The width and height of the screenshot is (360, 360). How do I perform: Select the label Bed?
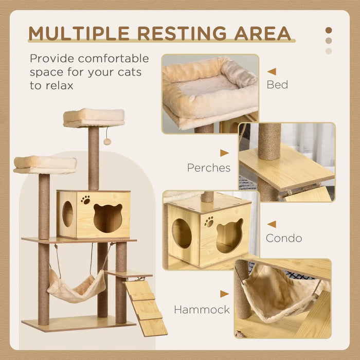point(277,84)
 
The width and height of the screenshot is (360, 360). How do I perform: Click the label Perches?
point(209,168)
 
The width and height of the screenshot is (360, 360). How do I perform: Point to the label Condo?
point(283,238)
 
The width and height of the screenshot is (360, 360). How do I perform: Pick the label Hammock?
point(201,310)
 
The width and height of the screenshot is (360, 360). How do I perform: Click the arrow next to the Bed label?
point(272,71)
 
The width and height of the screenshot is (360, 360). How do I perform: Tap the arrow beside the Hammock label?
point(224,294)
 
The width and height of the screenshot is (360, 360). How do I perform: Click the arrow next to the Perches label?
point(224,153)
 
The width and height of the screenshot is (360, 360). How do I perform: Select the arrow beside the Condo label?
point(272,224)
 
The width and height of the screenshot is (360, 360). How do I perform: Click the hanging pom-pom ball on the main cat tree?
point(107,141)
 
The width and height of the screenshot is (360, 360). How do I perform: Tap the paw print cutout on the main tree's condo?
point(85,200)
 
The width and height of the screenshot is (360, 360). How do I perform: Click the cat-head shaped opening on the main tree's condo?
point(108,218)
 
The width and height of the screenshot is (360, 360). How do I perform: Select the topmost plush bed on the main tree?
point(94,117)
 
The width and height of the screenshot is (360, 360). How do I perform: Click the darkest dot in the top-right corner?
point(329,30)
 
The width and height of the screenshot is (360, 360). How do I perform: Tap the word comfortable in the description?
point(106,59)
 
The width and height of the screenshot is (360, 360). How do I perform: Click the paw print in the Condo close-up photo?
point(209,221)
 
